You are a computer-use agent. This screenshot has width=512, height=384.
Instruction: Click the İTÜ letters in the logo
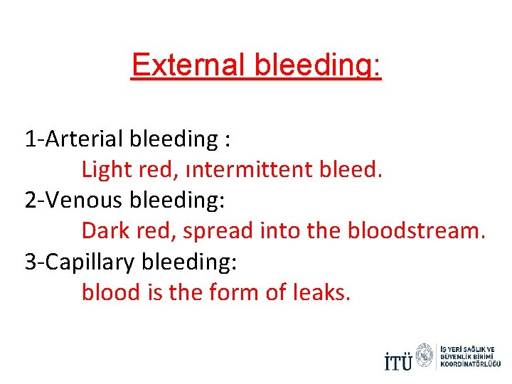point(398,361)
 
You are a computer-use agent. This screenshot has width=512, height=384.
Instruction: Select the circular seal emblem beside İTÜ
point(425,355)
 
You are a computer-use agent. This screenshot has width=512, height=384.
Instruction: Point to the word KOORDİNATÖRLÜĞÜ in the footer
point(471,364)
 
